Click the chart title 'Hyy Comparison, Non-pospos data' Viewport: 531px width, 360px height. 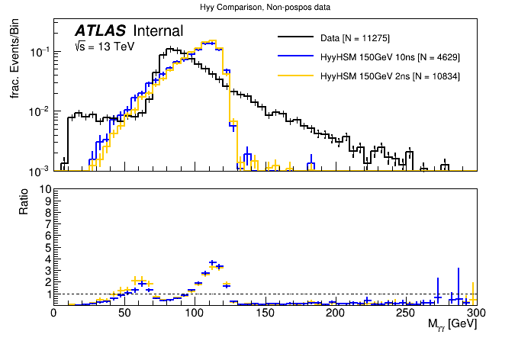click(x=265, y=7)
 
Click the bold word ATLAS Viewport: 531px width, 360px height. click(x=100, y=31)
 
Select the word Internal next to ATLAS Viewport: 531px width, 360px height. click(x=158, y=31)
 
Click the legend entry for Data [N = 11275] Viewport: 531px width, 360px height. click(x=360, y=37)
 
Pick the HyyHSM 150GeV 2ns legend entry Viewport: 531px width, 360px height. click(x=388, y=76)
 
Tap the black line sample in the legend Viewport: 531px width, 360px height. click(x=297, y=37)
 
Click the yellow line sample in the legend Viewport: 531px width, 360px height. click(x=297, y=76)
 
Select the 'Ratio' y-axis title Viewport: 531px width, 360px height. click(x=24, y=204)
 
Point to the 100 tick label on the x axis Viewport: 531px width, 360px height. click(x=195, y=313)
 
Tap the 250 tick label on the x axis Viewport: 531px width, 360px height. click(x=406, y=313)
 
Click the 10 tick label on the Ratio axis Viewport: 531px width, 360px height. click(x=44, y=189)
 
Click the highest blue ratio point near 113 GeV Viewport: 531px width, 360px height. click(x=213, y=262)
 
